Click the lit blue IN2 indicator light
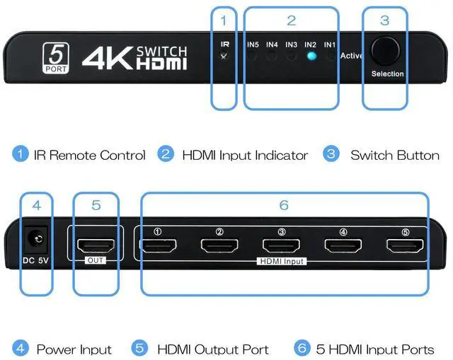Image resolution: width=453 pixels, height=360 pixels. pos(311,56)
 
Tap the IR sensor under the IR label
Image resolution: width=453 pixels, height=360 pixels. pos(224,55)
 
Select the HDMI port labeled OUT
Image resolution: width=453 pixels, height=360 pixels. pos(95,246)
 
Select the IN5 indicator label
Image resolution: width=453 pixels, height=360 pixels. pos(252,45)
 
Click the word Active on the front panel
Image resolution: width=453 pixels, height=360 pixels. pos(352,56)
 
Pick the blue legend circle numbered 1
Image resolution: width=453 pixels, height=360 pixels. pos(21,154)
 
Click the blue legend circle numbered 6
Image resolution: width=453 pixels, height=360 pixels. pos(302,348)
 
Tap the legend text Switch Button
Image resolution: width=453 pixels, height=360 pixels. pos(394,155)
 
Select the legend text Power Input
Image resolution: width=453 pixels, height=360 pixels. pos(74,349)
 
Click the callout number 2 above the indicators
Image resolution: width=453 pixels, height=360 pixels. pos(291,21)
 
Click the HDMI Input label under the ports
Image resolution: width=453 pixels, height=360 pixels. pos(280,261)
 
